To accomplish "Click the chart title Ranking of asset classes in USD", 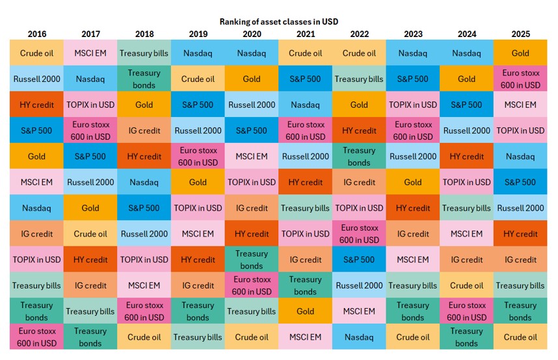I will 278,22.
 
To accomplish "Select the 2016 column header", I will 36,34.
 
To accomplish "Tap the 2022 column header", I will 359,34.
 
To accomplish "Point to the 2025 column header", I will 520,34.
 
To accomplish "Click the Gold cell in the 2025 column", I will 520,53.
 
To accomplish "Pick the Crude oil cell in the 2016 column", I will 36,53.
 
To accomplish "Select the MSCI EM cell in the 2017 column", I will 90,53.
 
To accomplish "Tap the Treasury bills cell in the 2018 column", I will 144,53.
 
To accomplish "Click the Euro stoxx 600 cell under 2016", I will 36,337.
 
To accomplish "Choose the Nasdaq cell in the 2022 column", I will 359,337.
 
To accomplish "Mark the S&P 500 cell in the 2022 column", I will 359,259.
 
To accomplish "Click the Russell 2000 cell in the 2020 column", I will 252,105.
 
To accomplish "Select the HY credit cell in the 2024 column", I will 466,156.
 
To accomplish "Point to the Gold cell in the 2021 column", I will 305,311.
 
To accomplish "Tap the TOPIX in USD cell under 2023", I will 413,105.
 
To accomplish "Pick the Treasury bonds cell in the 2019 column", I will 198,311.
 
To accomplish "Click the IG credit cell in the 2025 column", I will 520,259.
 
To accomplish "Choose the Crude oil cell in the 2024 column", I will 466,285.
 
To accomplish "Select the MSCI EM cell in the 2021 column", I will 305,337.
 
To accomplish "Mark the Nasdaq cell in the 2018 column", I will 144,182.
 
